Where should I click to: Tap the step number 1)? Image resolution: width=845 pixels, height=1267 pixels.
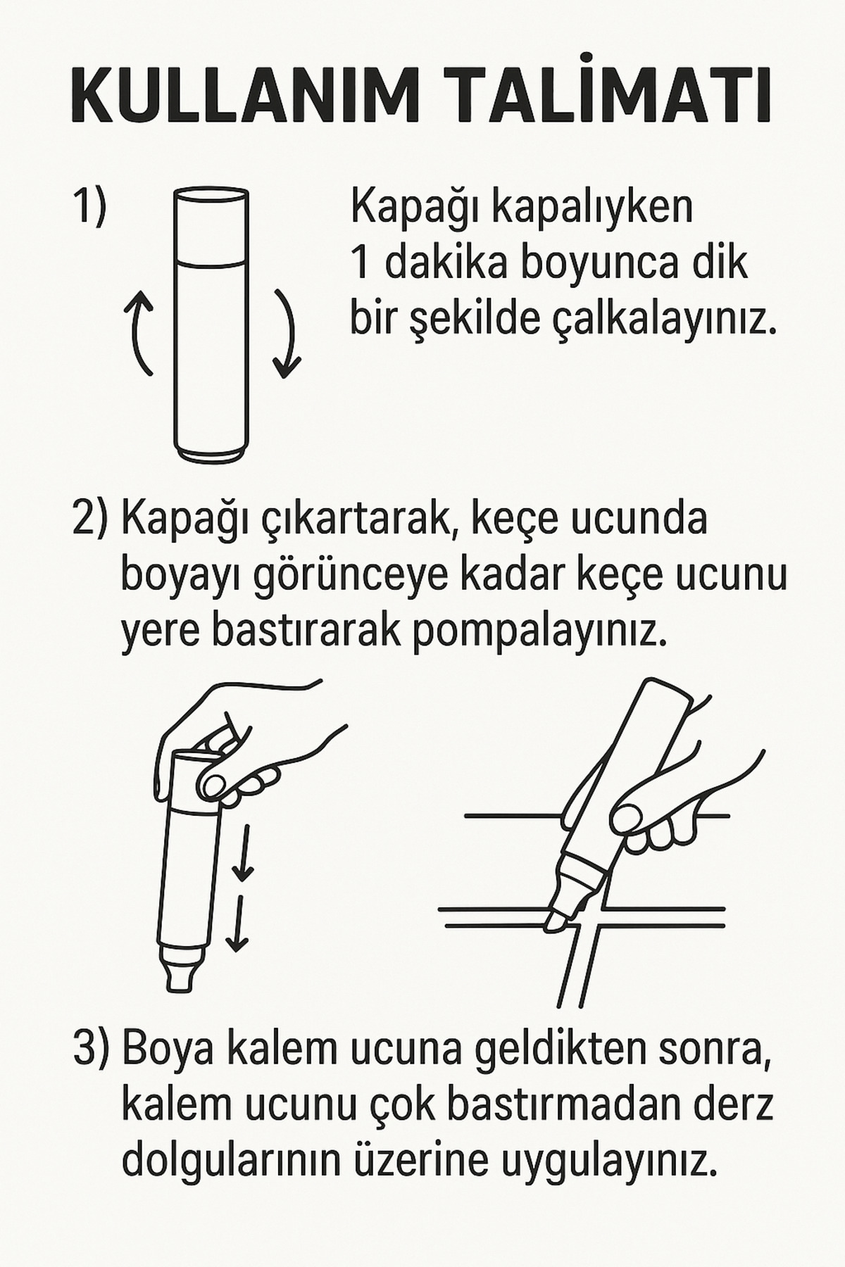click(x=89, y=206)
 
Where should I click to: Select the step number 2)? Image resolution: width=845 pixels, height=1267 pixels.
click(x=91, y=519)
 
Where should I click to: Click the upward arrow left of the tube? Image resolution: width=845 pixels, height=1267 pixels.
click(x=142, y=331)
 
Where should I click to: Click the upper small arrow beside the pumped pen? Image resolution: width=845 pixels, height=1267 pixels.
click(x=242, y=854)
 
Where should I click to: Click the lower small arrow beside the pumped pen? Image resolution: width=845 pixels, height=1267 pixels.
click(x=238, y=924)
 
